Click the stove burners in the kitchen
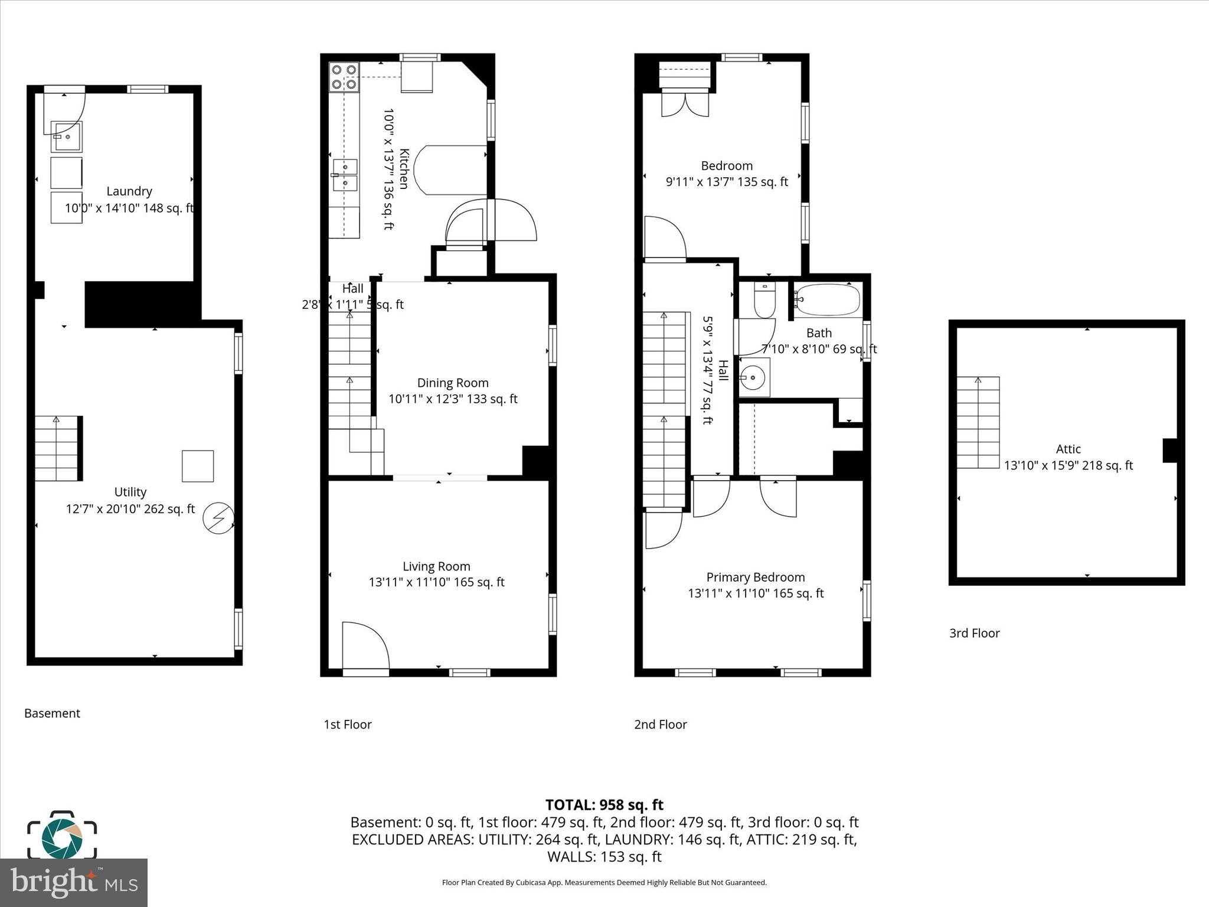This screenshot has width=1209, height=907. point(344,77)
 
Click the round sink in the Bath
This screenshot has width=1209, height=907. point(753,376)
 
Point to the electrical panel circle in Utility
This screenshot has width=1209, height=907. point(218,518)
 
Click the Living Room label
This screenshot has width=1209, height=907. point(436,567)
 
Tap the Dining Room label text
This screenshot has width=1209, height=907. point(453,383)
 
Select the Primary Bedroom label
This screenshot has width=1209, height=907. point(756,578)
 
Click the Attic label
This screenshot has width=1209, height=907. point(1069,449)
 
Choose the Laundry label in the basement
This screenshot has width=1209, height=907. point(129,191)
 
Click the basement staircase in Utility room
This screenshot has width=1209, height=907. point(57,448)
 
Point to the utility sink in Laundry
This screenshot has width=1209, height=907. point(66,136)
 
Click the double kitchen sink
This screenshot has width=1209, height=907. point(345,175)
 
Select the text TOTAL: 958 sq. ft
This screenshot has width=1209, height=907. point(604,805)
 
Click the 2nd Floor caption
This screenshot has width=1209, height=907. point(661,725)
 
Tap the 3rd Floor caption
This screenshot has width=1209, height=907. point(974,634)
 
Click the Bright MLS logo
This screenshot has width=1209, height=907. point(74,882)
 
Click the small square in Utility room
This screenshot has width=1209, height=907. point(198,466)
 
